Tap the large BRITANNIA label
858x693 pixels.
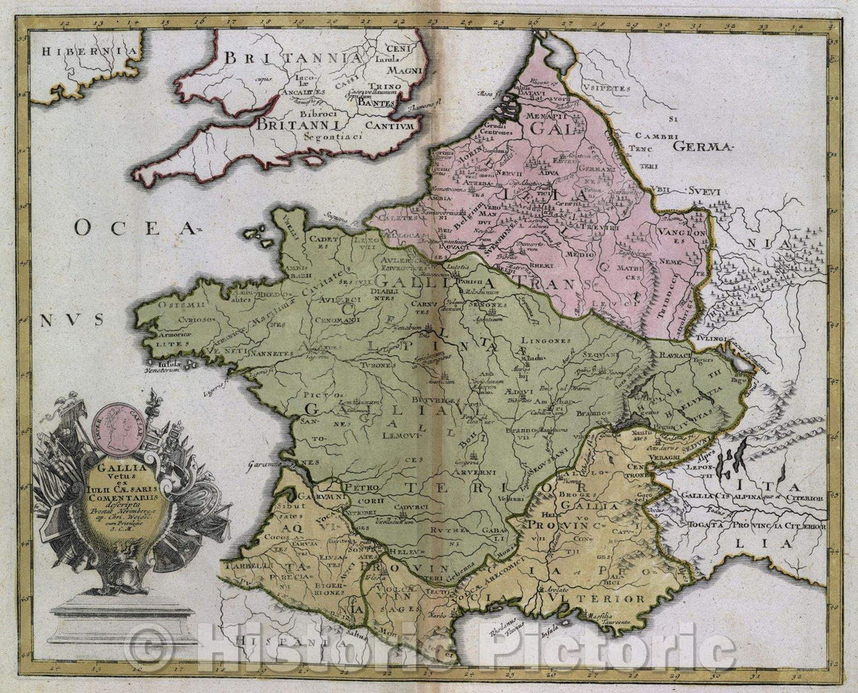tap(290, 57)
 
